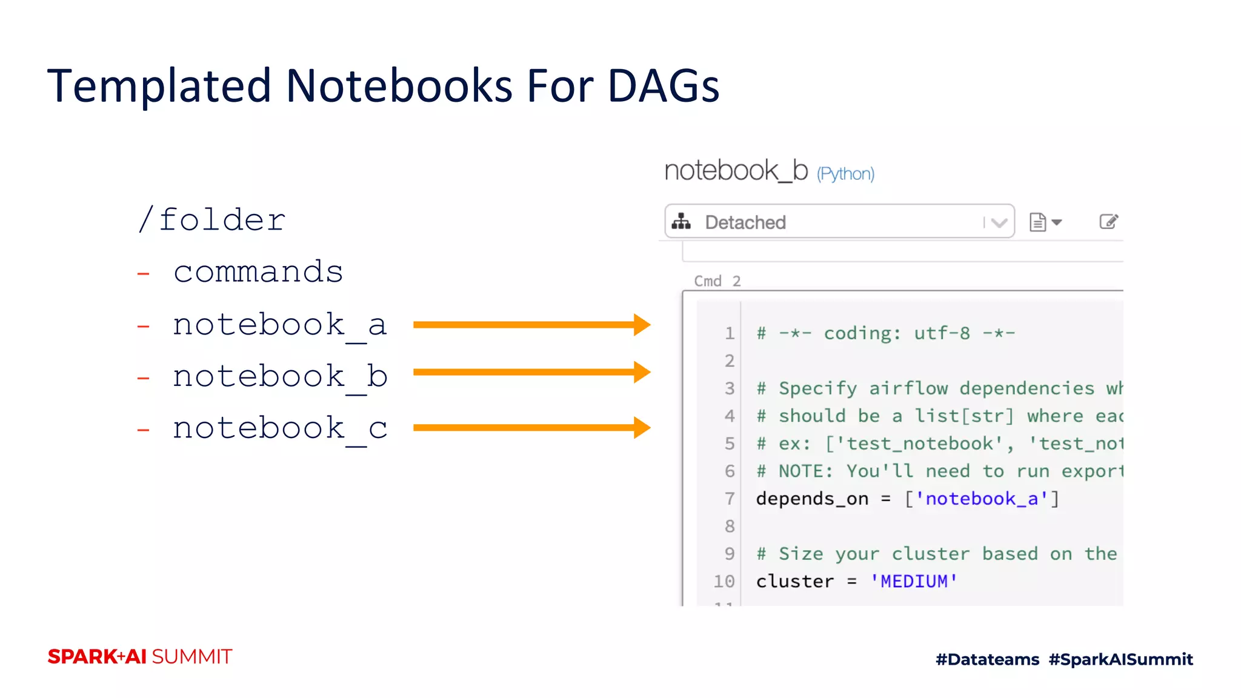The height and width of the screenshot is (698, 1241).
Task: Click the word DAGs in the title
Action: click(x=663, y=86)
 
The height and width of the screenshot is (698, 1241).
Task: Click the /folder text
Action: click(x=211, y=219)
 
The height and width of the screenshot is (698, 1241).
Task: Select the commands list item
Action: click(x=258, y=271)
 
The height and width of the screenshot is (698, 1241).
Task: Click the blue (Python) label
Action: click(x=845, y=174)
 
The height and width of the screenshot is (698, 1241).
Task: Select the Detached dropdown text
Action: click(x=745, y=222)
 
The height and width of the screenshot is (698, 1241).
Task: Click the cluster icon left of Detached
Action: click(x=681, y=222)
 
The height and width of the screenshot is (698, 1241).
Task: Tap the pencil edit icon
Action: click(x=1108, y=222)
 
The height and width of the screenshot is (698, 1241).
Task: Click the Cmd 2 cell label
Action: click(x=717, y=281)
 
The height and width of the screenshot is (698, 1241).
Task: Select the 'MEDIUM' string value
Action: click(x=914, y=582)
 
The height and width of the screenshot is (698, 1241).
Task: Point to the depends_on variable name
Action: click(x=812, y=499)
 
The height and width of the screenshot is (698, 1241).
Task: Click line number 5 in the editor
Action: click(x=730, y=444)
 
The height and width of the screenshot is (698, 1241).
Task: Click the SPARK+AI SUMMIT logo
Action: click(x=140, y=657)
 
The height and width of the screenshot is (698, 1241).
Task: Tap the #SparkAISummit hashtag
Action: click(x=1120, y=659)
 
